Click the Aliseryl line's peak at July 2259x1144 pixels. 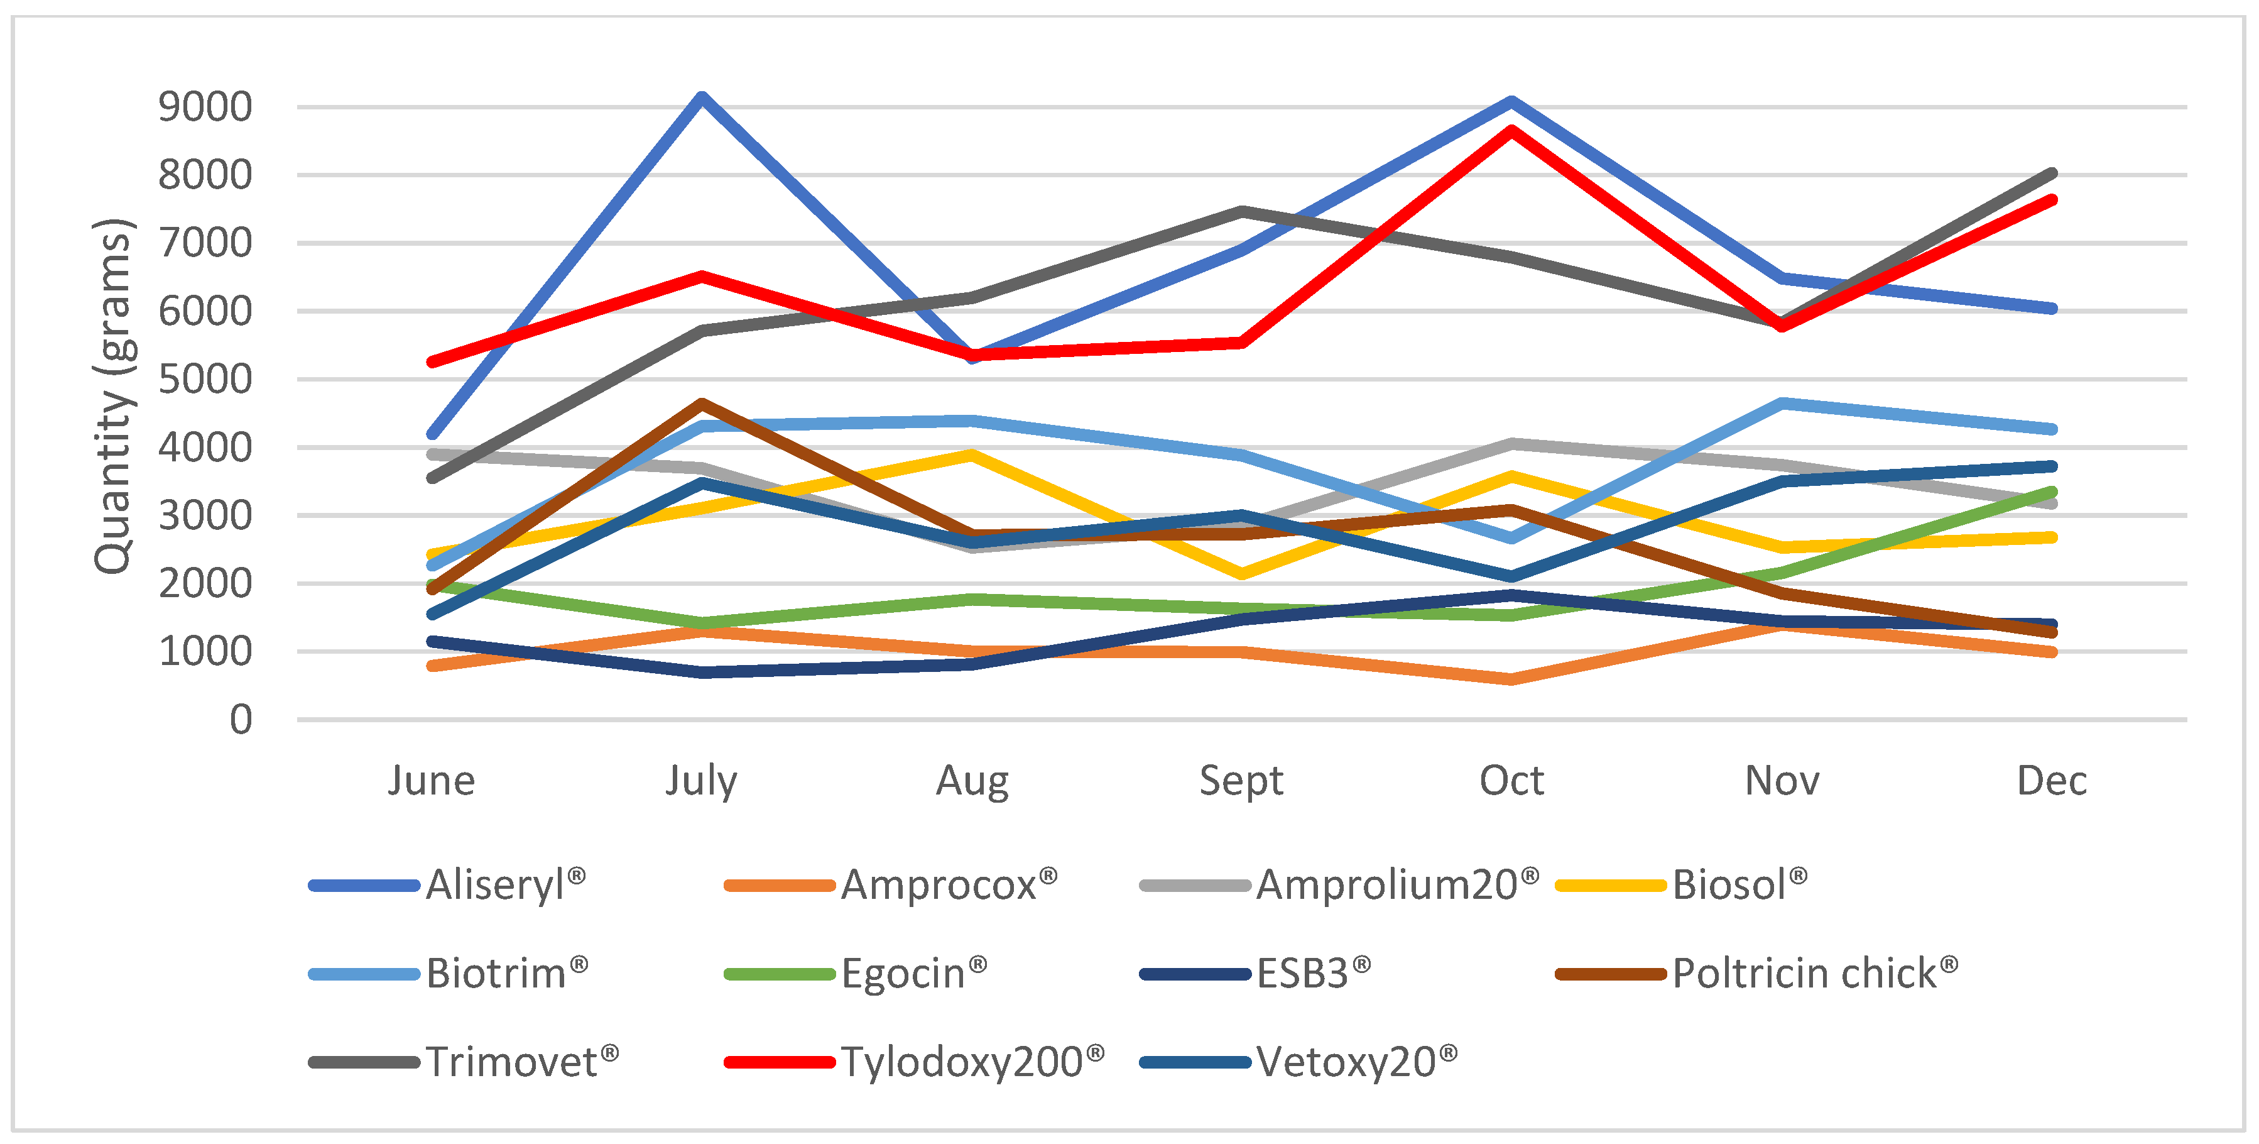tap(702, 97)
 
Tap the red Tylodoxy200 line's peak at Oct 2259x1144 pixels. tap(1512, 131)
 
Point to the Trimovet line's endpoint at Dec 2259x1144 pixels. tap(2052, 173)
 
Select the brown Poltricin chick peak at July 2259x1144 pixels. tap(702, 404)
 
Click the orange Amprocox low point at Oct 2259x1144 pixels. tap(1512, 679)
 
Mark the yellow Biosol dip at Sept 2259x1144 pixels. tap(1242, 575)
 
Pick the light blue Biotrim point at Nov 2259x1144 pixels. tap(1782, 404)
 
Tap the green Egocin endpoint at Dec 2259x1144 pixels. tap(2052, 492)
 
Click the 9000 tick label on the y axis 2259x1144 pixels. tap(204, 107)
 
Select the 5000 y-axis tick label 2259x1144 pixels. tap(204, 379)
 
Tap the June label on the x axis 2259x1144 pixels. tap(432, 781)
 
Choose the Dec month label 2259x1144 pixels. tap(2052, 781)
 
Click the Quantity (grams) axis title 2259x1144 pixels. tap(114, 397)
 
